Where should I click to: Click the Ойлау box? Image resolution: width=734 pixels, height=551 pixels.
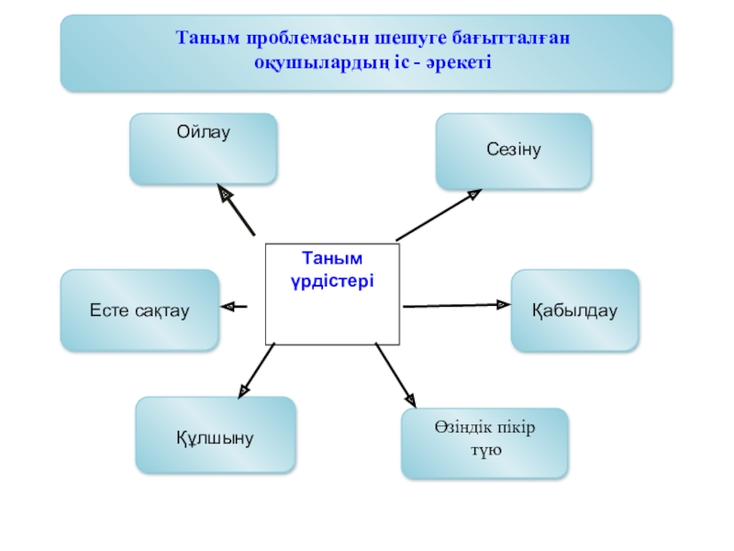coord(203,148)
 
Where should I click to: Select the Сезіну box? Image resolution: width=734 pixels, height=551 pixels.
coord(514,152)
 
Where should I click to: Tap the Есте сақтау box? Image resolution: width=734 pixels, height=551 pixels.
coord(139,310)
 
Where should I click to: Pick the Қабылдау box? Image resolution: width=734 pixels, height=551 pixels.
coord(574,310)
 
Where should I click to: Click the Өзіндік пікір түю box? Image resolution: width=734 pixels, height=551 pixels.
coord(484,443)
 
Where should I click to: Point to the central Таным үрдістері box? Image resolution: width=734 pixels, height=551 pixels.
coord(332,293)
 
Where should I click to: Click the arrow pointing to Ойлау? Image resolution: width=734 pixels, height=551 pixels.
coord(236,210)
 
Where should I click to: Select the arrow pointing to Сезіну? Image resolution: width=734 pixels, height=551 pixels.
coord(439,215)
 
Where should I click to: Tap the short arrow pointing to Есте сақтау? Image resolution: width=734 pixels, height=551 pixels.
coord(235,306)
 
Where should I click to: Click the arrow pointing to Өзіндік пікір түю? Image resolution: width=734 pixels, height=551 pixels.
coord(395,375)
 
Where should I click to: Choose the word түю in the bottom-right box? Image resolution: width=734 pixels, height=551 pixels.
coord(485,453)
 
